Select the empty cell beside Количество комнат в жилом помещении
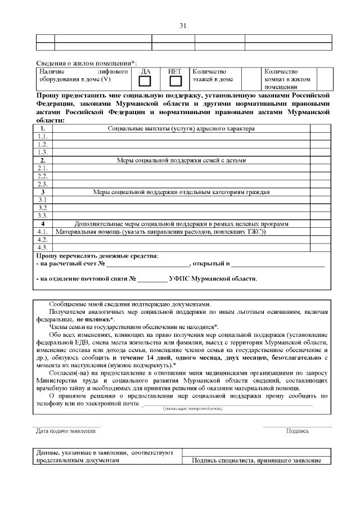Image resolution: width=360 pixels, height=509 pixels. (325, 79)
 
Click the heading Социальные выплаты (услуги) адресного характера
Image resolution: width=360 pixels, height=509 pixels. (181, 129)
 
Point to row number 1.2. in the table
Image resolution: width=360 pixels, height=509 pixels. (42, 145)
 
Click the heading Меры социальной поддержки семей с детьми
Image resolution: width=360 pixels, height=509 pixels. (181, 160)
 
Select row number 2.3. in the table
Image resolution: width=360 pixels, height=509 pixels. (42, 184)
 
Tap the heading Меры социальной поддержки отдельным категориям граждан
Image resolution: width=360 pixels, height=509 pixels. (181, 192)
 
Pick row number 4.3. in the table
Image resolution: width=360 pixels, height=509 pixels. (42, 247)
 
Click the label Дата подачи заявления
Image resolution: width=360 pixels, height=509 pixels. (62, 431)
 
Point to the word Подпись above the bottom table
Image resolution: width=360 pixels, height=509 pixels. (297, 431)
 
